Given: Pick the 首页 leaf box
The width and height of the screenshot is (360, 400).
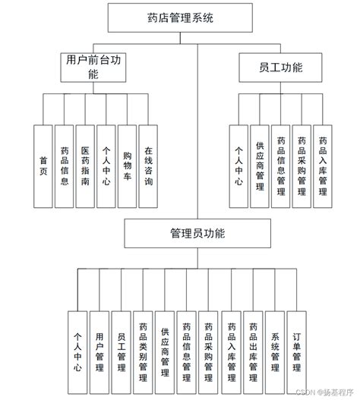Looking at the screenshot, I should click(43, 165).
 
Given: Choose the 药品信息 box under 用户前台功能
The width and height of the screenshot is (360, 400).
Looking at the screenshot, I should click(65, 165).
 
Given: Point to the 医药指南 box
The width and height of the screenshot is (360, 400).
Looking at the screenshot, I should click(85, 165).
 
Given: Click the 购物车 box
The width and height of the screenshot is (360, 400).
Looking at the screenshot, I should click(127, 165).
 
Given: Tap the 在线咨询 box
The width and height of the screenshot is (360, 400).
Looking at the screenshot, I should click(148, 165).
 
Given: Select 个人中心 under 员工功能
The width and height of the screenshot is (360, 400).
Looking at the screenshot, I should click(238, 165).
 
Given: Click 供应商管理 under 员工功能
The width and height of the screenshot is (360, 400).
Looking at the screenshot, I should click(260, 165).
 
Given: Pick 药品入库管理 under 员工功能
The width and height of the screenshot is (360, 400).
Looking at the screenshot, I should click(323, 165).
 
